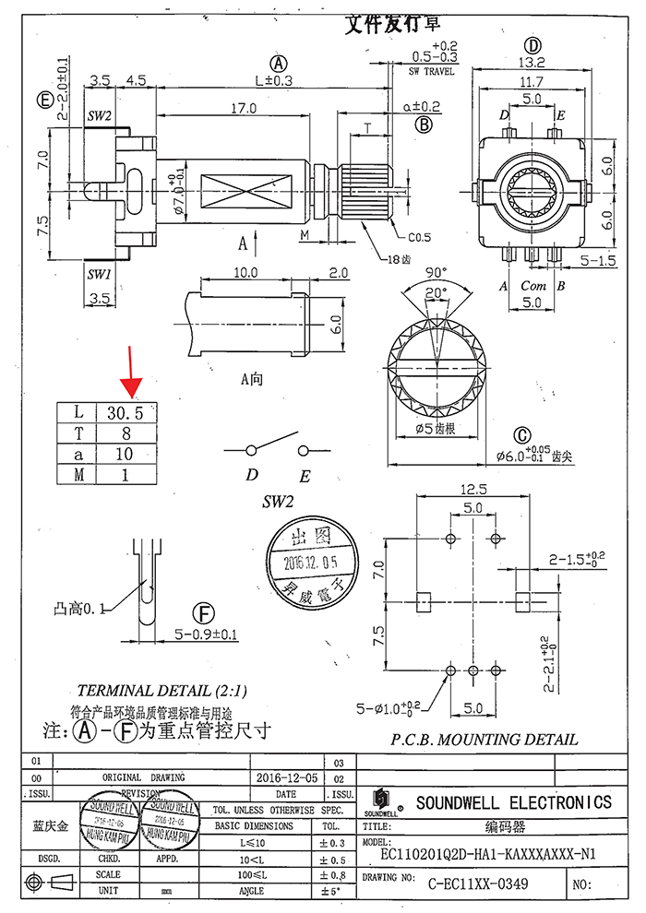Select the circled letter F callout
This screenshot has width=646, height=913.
pyautogui.click(x=202, y=614)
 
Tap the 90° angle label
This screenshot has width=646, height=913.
pyautogui.click(x=435, y=273)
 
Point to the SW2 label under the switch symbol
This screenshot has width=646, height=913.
pyautogui.click(x=277, y=504)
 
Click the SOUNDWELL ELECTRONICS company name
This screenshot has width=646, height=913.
pyautogui.click(x=513, y=802)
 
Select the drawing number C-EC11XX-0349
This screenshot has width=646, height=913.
pyautogui.click(x=478, y=884)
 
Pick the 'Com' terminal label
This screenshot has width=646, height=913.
pyautogui.click(x=533, y=286)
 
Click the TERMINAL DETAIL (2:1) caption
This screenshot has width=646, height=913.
pyautogui.click(x=162, y=691)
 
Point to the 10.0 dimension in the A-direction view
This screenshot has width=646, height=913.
pyautogui.click(x=245, y=273)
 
